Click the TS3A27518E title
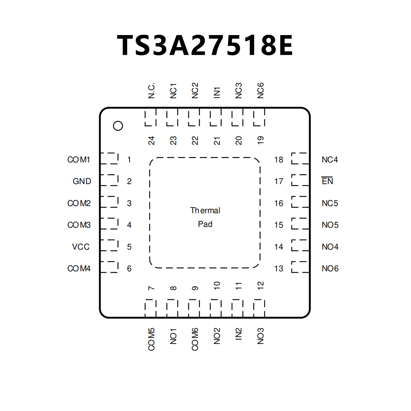click(x=205, y=45)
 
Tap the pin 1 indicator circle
click(x=118, y=126)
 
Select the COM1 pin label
click(x=79, y=160)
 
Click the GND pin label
click(x=82, y=181)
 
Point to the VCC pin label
click(x=81, y=247)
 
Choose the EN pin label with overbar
click(x=327, y=181)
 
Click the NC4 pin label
click(x=330, y=160)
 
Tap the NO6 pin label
click(x=330, y=268)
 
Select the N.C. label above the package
click(x=151, y=91)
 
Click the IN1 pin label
click(x=217, y=93)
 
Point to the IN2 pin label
click(x=239, y=334)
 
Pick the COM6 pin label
click(x=195, y=339)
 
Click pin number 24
click(x=151, y=141)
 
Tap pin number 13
click(x=279, y=268)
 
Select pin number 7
click(x=151, y=288)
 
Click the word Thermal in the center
click(x=205, y=210)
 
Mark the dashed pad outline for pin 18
click(x=300, y=158)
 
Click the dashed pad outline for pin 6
click(x=109, y=267)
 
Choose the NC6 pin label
click(x=260, y=91)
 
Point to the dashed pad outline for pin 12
click(x=259, y=308)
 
